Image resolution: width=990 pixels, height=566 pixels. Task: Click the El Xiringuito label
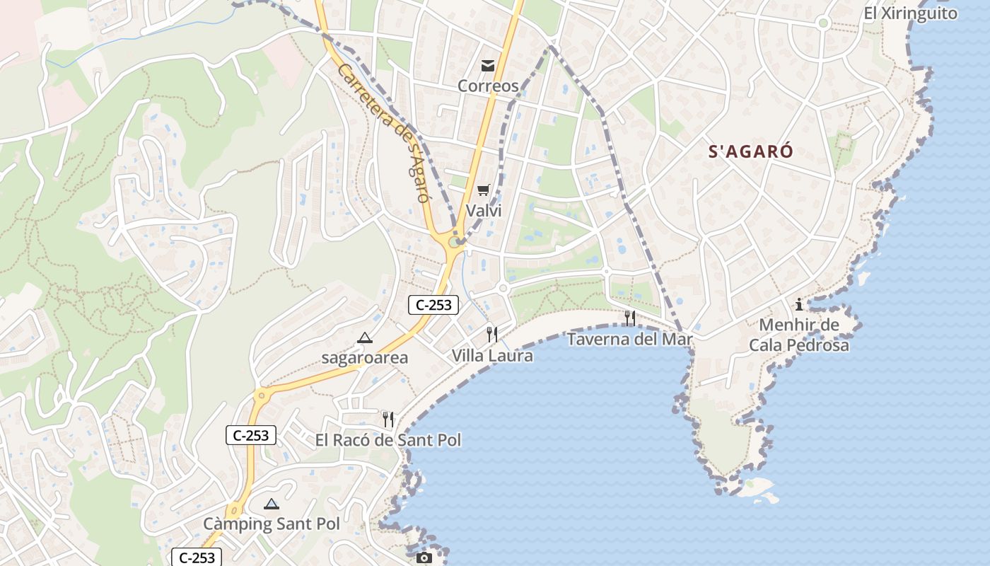[x=910, y=13]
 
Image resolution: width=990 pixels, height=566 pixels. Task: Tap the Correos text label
[x=488, y=86]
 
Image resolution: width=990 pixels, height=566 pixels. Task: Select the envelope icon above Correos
[x=488, y=66]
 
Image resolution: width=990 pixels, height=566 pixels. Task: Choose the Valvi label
[x=484, y=211]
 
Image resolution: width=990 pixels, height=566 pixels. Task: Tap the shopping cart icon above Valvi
[x=484, y=190]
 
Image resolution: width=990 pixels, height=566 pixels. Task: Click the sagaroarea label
[x=365, y=358]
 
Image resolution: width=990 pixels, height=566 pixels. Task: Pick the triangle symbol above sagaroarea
[x=365, y=338]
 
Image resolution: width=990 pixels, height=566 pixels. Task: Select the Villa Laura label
[x=492, y=356]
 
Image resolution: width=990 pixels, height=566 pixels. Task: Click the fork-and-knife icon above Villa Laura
[x=492, y=335]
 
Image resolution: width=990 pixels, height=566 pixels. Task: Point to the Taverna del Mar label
[x=630, y=340]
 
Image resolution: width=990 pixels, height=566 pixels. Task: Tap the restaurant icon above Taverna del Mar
[x=630, y=318]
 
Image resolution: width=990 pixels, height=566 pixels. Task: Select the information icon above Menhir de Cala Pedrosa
[x=799, y=305]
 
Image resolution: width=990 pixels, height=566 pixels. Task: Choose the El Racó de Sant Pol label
[x=388, y=440]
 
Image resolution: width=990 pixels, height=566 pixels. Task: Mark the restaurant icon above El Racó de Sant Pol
[x=388, y=420]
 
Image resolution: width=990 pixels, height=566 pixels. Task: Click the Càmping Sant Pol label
[x=272, y=524]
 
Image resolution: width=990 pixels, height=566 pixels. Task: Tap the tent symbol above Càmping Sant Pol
[x=271, y=504]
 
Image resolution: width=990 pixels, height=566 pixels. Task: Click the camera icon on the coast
[x=424, y=558]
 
